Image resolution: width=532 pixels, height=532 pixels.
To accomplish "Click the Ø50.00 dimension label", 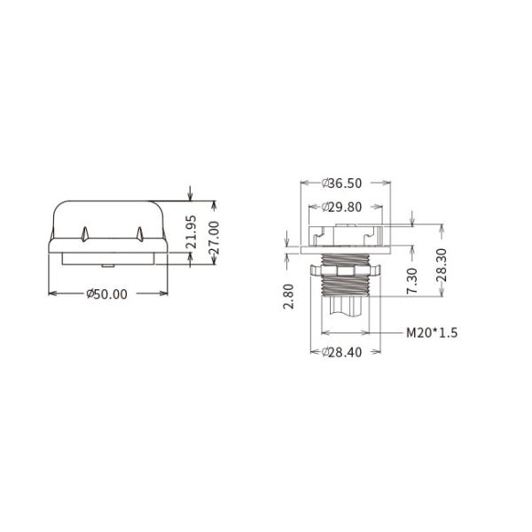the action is [x=107, y=293].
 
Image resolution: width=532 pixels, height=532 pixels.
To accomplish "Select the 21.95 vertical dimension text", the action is [x=192, y=231].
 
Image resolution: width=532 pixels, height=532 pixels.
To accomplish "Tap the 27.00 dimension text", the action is [x=215, y=238].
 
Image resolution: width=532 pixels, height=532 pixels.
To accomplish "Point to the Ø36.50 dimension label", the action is [x=341, y=184].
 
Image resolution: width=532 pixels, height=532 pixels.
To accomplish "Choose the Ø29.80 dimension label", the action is [x=341, y=207].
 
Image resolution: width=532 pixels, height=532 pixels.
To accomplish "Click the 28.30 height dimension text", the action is [x=442, y=265].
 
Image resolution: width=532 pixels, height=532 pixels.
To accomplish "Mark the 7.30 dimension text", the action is [x=412, y=280].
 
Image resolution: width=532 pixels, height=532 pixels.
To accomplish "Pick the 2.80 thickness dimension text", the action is [x=288, y=296].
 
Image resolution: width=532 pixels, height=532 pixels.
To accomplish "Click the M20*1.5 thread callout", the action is [x=432, y=332].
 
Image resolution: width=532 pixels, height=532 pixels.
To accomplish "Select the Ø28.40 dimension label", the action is [x=341, y=352].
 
